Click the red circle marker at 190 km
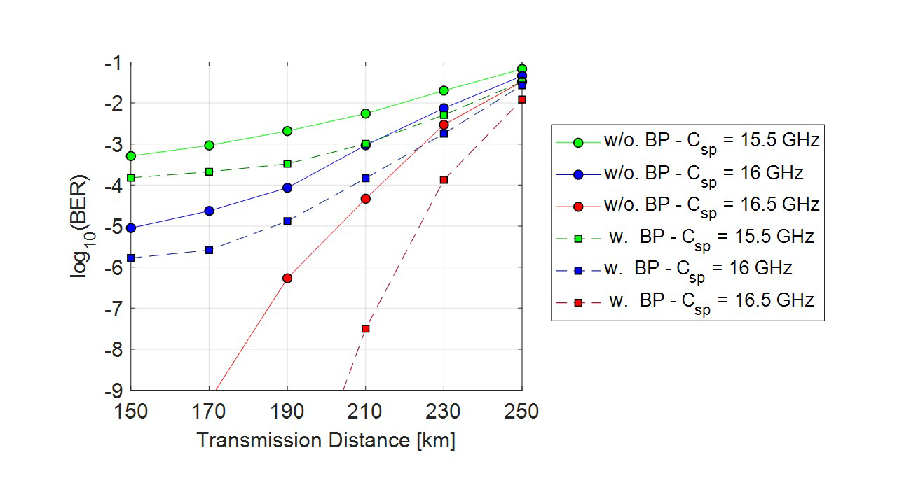pos(287,278)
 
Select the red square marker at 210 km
pos(365,328)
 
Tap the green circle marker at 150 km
pos(131,155)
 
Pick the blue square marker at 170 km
pos(209,250)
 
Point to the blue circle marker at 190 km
pos(287,188)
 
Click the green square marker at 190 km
pos(287,164)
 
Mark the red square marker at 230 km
pos(444,180)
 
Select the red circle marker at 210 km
pos(365,199)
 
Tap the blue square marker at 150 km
pos(131,258)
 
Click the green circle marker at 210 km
pos(365,113)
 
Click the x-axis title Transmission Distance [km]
pos(326,440)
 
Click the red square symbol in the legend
pos(578,301)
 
